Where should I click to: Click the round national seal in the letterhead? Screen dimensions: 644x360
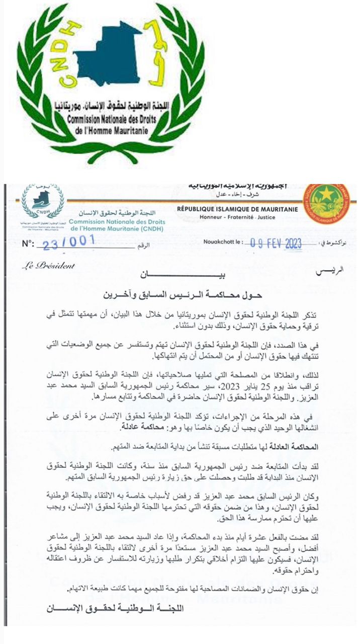pyautogui.click(x=326, y=204)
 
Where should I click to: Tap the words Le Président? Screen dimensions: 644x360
pyautogui.click(x=48, y=266)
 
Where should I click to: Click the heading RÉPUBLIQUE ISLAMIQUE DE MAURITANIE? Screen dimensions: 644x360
pyautogui.click(x=237, y=209)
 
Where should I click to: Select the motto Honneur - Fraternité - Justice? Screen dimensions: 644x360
pyautogui.click(x=237, y=218)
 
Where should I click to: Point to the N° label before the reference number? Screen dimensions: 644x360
pyautogui.click(x=29, y=245)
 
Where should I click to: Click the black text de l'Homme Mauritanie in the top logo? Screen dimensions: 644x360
pyautogui.click(x=108, y=129)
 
